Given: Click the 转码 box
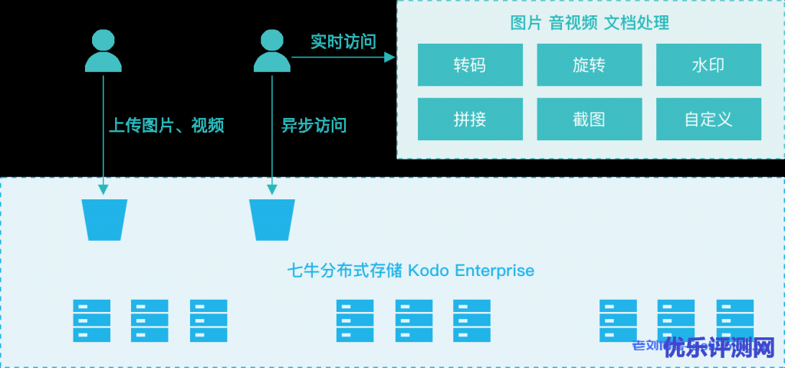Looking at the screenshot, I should coord(470,65).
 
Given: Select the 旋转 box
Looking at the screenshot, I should coord(589,65).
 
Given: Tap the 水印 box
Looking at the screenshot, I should coord(708,65).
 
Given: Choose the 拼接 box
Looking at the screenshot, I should coord(470,120).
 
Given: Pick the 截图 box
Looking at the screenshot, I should coord(589,120).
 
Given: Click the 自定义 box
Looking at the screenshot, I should coord(708,120).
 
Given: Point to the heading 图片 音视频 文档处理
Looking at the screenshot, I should coord(590,23).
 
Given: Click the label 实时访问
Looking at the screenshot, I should coord(343,41).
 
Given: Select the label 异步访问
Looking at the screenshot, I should coord(314,125).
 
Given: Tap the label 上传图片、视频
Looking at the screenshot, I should coord(166,125).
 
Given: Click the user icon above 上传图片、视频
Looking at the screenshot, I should coord(103,51).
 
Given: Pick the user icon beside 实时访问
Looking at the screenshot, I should coord(271,51).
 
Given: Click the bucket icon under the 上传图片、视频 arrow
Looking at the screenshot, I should coord(104,219).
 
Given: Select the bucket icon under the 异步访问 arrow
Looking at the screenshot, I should coord(271,219).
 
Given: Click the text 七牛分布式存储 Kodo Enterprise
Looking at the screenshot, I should coord(410,271).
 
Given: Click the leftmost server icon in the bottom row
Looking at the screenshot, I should coord(92,320).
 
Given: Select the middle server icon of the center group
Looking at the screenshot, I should coord(414,320).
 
